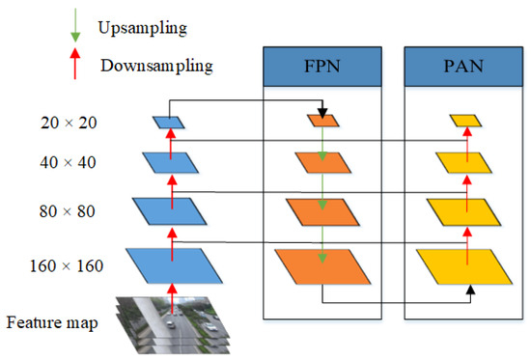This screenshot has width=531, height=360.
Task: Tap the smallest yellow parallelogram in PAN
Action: tap(464, 122)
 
